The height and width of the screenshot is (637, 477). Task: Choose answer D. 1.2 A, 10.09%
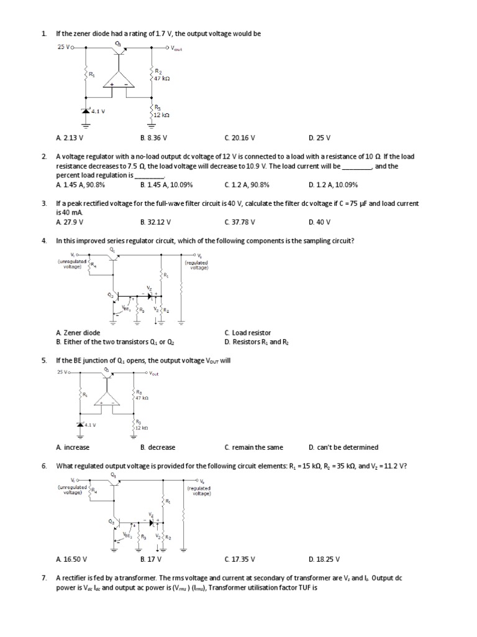click(333, 185)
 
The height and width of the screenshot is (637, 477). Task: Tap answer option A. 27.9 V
click(70, 222)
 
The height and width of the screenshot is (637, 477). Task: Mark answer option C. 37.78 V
click(240, 222)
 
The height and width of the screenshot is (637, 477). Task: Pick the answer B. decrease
click(158, 447)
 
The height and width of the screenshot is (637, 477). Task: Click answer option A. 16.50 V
click(71, 559)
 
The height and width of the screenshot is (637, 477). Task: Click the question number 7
click(44, 577)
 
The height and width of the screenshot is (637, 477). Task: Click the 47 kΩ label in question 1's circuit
click(161, 79)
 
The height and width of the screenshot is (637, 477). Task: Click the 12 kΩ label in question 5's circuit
click(142, 428)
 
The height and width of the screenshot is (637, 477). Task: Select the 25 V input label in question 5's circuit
click(61, 372)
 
